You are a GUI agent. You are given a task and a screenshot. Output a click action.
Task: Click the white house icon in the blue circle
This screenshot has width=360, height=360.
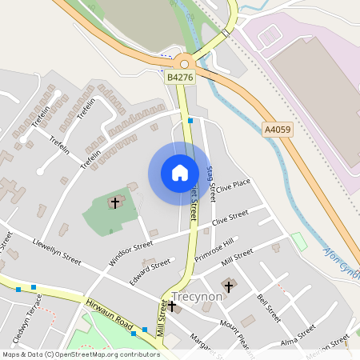coord(179,172)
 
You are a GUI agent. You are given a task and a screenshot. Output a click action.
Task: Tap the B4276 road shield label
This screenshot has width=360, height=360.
coord(179,78)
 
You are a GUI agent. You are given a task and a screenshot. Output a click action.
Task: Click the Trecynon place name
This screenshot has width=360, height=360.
coord(196,296)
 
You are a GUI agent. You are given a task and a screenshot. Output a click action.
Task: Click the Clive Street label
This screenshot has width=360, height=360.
coord(230,218)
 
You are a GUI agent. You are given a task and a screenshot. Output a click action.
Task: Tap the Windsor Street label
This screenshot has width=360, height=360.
coord(130,254)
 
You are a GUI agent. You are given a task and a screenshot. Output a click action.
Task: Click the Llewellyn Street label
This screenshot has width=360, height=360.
coord(57,250)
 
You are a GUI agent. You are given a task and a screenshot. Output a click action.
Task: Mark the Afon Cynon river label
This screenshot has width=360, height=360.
coord(342,264)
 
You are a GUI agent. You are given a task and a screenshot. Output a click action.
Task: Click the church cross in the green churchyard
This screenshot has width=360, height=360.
coord(114,202)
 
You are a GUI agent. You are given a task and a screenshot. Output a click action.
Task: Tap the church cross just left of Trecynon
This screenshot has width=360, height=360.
coord(172,305)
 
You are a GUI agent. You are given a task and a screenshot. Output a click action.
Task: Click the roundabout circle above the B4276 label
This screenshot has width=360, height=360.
coord(186,63)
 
